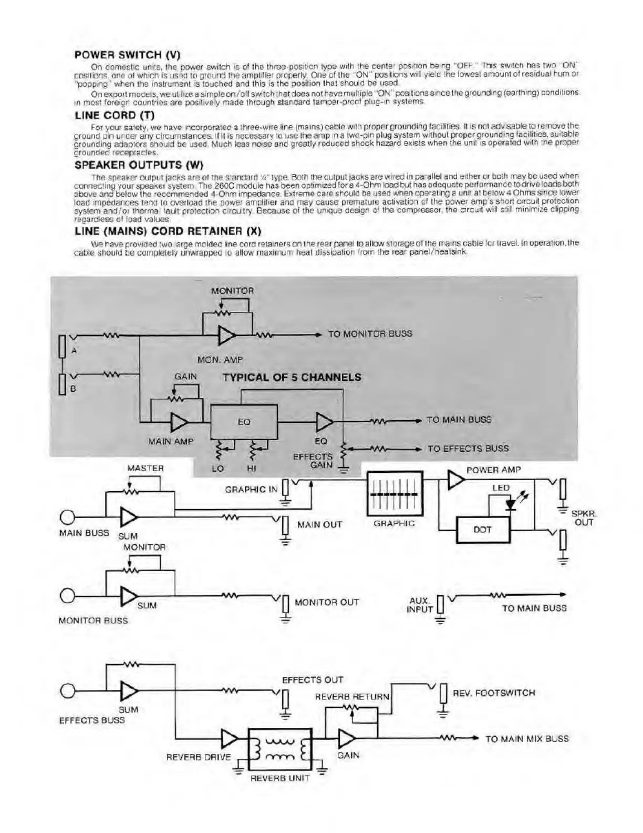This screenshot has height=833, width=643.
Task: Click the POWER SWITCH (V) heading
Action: pyautogui.click(x=128, y=54)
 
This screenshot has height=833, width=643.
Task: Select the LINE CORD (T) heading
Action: pyautogui.click(x=115, y=115)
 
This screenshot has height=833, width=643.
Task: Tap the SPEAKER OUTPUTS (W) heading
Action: pyautogui.click(x=139, y=165)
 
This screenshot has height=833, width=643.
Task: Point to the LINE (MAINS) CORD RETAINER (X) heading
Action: pyautogui.click(x=168, y=231)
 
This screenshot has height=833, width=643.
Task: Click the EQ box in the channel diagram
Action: pyautogui.click(x=244, y=421)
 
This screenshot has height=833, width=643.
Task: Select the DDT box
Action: pyautogui.click(x=483, y=530)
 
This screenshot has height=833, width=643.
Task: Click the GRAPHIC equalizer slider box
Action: pyautogui.click(x=394, y=494)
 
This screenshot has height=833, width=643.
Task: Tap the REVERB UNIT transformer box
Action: pyautogui.click(x=280, y=749)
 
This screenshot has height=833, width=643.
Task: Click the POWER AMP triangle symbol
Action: pyautogui.click(x=455, y=479)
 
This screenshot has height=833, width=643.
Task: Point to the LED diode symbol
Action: pyautogui.click(x=510, y=503)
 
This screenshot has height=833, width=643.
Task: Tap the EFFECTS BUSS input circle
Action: pyautogui.click(x=67, y=690)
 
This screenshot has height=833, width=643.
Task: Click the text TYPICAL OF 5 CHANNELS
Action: pyautogui.click(x=292, y=377)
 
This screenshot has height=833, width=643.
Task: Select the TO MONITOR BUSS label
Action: pyautogui.click(x=370, y=333)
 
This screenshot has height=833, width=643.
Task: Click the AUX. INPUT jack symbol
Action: pyautogui.click(x=440, y=605)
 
